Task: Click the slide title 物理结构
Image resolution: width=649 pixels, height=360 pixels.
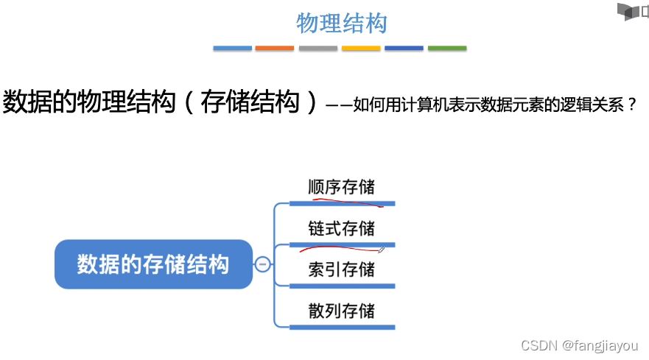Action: (x=341, y=23)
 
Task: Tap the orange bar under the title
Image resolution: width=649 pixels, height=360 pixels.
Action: (x=275, y=49)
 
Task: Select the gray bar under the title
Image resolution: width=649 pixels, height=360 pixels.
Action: (x=318, y=49)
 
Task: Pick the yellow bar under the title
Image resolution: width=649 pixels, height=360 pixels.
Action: (x=361, y=49)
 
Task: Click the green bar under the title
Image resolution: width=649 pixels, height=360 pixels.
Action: (x=447, y=49)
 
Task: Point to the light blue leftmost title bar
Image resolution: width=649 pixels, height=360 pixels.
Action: (x=232, y=49)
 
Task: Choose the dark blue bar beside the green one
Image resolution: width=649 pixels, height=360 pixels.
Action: (x=404, y=49)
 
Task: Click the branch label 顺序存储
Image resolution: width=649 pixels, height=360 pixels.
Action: (x=341, y=186)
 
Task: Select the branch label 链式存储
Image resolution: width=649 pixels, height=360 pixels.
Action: (x=341, y=228)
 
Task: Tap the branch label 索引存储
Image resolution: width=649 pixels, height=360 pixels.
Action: (x=341, y=269)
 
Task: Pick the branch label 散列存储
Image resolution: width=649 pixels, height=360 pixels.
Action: (x=341, y=311)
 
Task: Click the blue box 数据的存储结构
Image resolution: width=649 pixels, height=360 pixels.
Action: (x=153, y=264)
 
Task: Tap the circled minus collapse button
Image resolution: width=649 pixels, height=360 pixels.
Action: (x=262, y=264)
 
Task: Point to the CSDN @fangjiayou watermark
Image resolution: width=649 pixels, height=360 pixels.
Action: (x=579, y=345)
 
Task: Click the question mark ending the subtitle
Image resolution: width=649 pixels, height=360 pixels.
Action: (x=631, y=105)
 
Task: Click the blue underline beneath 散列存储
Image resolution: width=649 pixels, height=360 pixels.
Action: (x=343, y=327)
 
